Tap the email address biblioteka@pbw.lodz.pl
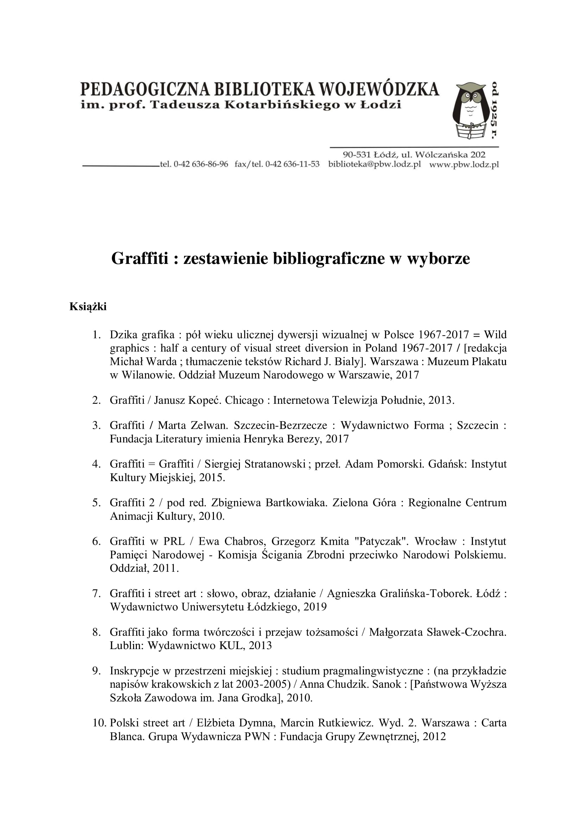click(374, 164)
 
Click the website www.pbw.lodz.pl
click(464, 164)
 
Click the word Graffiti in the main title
click(139, 259)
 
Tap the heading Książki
click(88, 306)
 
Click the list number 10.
click(99, 723)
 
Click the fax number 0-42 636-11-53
click(292, 164)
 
